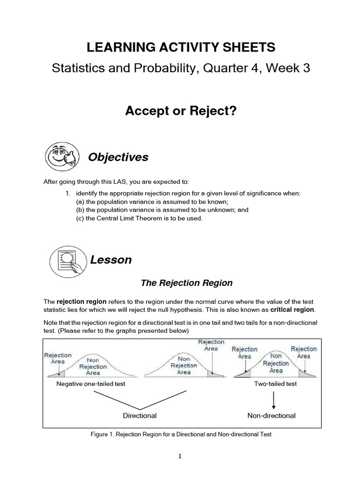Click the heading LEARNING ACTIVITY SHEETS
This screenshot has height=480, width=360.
180,47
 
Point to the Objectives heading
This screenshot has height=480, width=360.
118,157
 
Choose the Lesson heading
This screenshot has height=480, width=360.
111,260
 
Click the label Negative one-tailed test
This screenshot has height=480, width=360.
90,383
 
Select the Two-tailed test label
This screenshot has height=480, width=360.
275,383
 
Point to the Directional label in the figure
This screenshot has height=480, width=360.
140,415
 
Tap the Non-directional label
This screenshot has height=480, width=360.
271,415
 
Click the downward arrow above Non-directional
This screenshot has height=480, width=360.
274,399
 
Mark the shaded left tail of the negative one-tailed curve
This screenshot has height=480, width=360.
60,373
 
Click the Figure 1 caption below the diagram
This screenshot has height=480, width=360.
181,435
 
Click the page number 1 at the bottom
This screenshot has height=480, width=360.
180,457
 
